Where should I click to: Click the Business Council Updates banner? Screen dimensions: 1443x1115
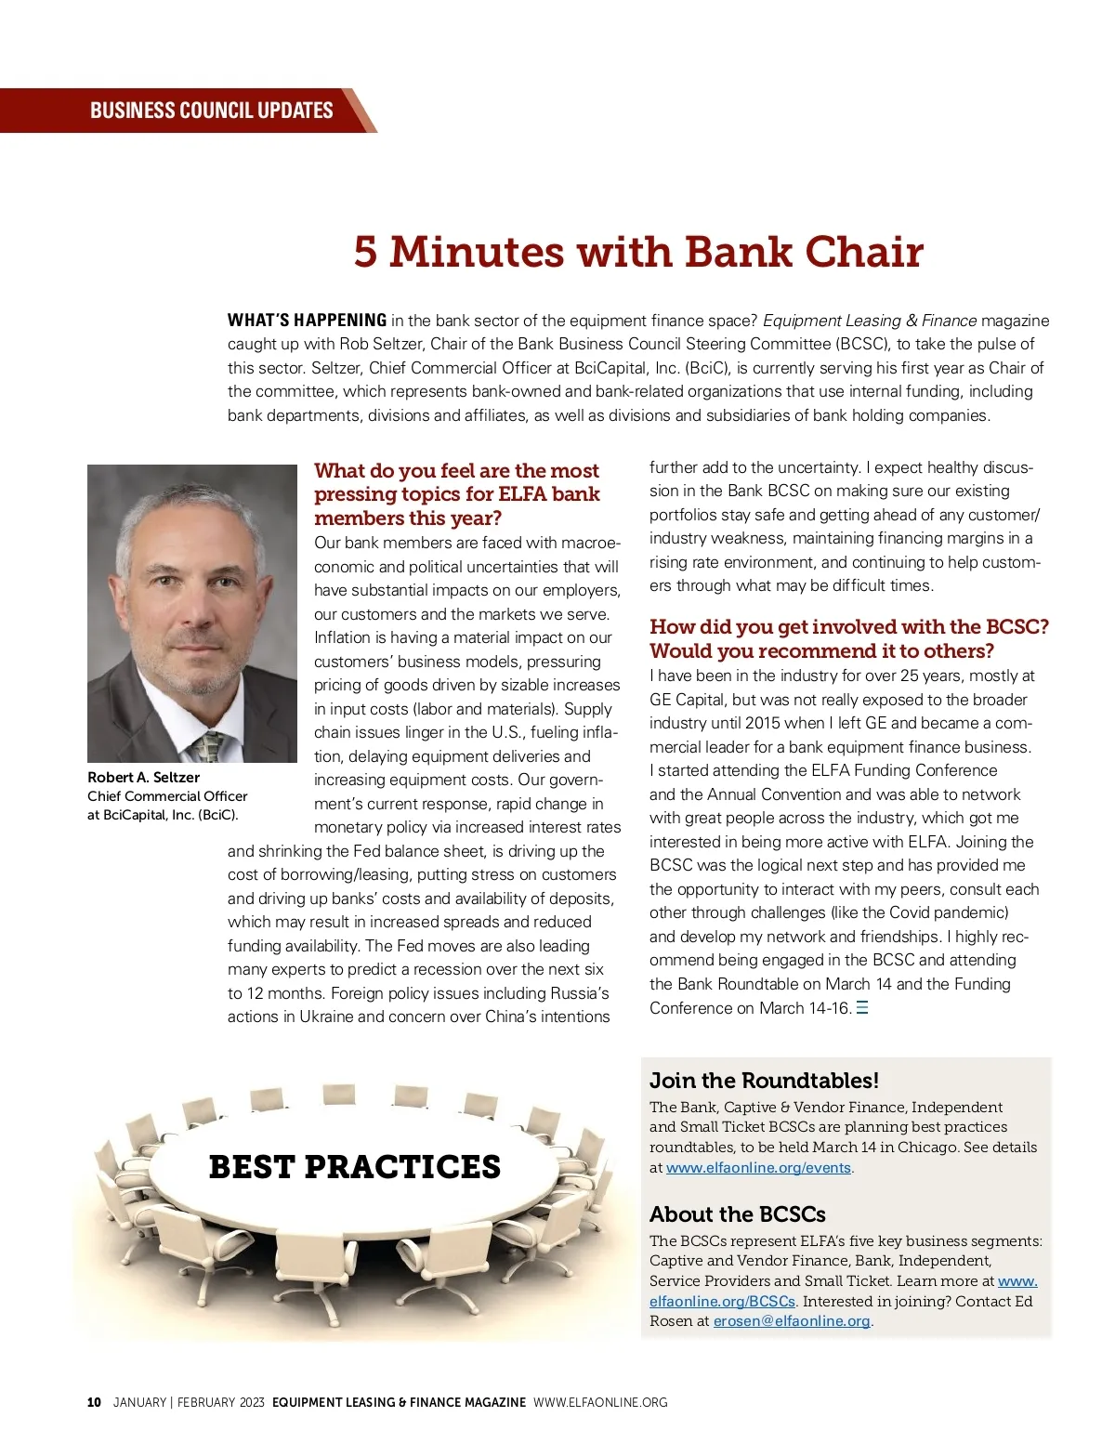point(211,111)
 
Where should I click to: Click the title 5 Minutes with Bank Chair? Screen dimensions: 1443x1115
point(638,252)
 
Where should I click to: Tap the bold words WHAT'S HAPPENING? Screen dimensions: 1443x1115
point(307,321)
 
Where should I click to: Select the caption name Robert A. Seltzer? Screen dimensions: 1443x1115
point(143,777)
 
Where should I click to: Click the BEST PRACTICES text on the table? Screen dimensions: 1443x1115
point(354,1167)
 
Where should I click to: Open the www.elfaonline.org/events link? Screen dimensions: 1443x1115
point(758,1168)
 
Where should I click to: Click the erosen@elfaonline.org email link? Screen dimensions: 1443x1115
point(792,1321)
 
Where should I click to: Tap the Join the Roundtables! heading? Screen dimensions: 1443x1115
point(764,1081)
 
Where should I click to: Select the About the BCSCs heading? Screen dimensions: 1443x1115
point(737,1214)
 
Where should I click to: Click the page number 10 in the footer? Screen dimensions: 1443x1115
point(94,1402)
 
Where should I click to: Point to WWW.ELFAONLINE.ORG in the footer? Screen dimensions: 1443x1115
point(600,1402)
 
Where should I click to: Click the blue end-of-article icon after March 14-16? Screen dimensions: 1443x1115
point(862,1008)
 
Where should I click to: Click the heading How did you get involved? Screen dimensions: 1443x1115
point(848,627)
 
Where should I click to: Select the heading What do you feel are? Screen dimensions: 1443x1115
point(456,471)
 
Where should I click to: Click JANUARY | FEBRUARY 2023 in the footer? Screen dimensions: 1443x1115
point(189,1402)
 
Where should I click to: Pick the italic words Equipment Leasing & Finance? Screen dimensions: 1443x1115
point(870,321)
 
